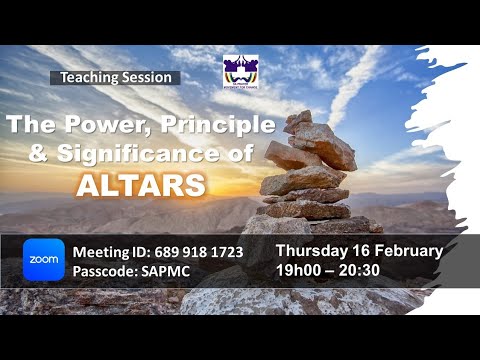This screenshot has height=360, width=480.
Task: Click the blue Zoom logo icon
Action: click(44, 260)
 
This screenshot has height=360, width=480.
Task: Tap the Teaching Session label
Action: click(115, 77)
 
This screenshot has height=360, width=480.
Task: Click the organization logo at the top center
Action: click(240, 72)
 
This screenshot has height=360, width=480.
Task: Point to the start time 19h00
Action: click(302, 270)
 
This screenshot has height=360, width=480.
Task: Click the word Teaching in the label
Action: click(90, 77)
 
